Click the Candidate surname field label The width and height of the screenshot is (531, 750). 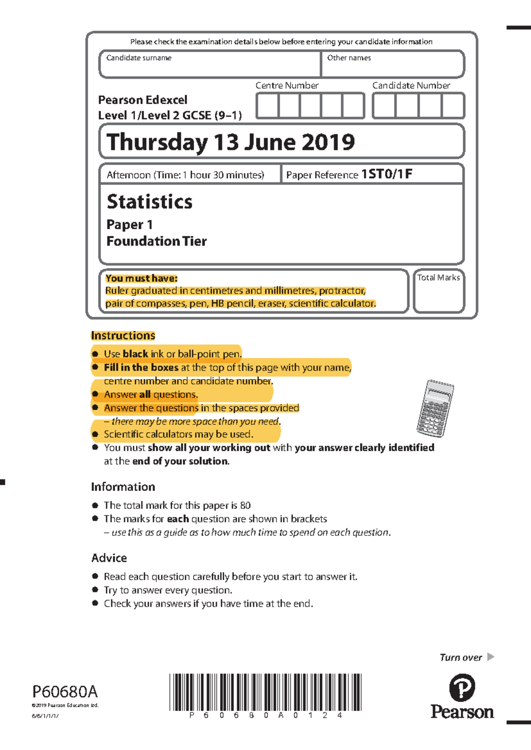(139, 58)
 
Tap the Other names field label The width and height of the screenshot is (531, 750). (349, 58)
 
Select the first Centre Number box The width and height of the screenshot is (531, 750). (267, 106)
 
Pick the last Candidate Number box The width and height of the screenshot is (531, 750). (453, 106)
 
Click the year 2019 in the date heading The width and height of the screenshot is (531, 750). (328, 142)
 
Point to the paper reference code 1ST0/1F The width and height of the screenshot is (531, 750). (387, 174)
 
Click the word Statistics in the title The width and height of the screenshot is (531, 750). (150, 202)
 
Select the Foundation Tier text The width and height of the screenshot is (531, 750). (157, 241)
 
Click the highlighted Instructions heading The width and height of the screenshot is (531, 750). (123, 336)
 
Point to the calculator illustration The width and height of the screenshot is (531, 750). (435, 408)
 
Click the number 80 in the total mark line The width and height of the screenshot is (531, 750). (245, 505)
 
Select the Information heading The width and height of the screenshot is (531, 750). (123, 487)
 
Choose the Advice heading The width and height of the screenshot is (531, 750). (109, 558)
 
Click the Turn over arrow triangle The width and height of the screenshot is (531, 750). (490, 657)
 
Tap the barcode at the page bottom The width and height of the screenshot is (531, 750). (265, 692)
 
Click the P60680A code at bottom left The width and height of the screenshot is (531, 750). (65, 692)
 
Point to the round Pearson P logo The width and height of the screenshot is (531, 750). (462, 688)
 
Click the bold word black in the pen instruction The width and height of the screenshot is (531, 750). (135, 354)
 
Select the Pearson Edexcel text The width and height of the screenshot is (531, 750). (142, 100)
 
